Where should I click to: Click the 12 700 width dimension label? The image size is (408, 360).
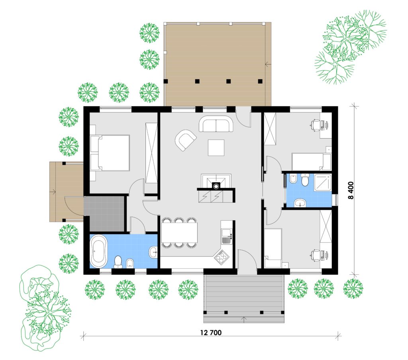[x=211, y=333]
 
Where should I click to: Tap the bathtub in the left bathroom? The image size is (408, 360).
[x=99, y=251]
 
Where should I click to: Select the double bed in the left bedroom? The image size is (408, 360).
[x=110, y=153]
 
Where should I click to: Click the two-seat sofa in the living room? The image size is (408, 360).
[x=216, y=124]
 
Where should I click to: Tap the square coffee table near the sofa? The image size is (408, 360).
[x=216, y=147]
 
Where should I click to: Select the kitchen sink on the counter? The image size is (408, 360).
[x=226, y=236]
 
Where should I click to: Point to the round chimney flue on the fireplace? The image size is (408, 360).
[x=216, y=186]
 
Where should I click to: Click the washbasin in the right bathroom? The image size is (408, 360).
[x=301, y=203]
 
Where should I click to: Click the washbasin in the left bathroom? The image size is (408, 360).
[x=153, y=252]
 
